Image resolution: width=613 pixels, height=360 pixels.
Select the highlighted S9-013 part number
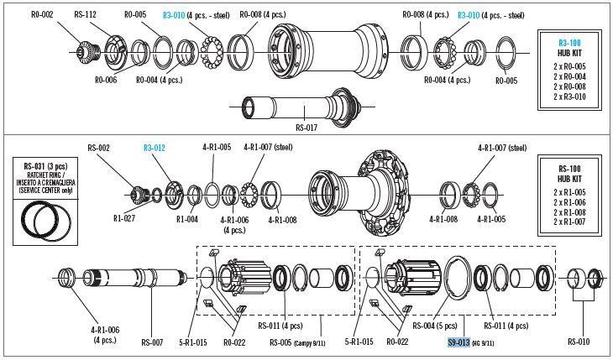click(458, 342)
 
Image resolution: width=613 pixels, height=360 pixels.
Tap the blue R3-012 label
click(155, 147)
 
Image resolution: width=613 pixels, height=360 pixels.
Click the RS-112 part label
click(85, 15)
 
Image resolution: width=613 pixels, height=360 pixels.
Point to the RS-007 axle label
click(152, 342)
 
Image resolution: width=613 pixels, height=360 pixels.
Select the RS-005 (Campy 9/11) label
click(291, 342)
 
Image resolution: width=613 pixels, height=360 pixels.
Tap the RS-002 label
click(99, 147)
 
